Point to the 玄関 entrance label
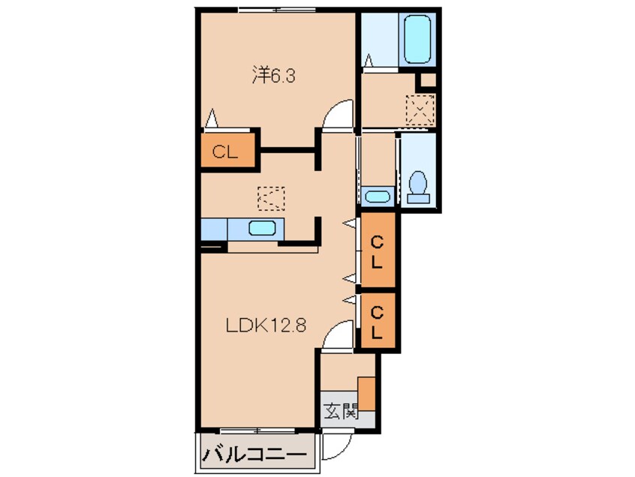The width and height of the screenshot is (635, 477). tap(339, 411)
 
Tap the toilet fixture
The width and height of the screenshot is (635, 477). tap(419, 187)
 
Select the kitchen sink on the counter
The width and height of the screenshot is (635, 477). tap(263, 229)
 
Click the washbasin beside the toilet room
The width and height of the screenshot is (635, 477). tap(377, 196)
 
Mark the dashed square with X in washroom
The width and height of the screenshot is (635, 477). tap(420, 110)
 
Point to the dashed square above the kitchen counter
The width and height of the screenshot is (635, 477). tap(272, 197)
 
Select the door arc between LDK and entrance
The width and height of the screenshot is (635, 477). tap(337, 334)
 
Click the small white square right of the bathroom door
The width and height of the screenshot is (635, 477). tap(427, 79)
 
